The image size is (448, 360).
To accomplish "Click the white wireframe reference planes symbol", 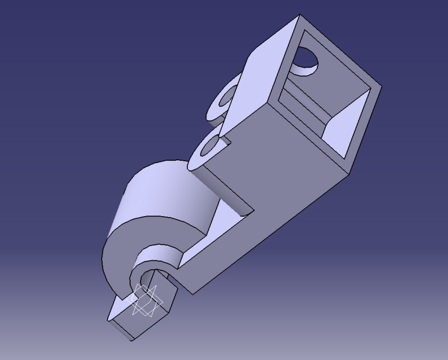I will point(145,300).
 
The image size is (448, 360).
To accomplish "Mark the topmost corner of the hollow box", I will point(300,15).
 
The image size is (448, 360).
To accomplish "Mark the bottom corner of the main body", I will point(195,293).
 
